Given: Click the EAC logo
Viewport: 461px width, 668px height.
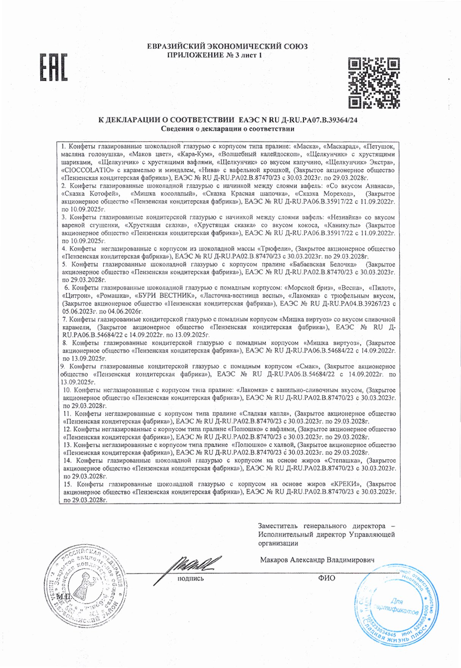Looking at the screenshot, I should (x=54, y=67).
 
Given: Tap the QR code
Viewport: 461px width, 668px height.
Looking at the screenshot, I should (x=374, y=82).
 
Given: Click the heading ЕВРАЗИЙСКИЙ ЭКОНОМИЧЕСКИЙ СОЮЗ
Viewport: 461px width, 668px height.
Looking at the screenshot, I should (x=227, y=46).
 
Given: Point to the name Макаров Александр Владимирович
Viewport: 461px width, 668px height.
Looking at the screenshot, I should (x=317, y=560).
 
